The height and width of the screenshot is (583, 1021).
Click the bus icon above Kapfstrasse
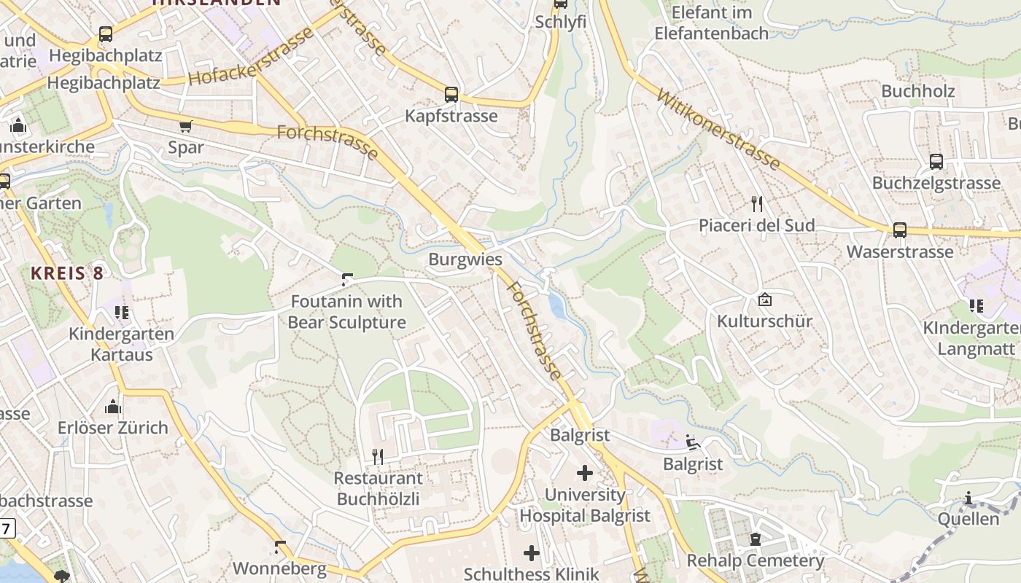[x=451, y=94]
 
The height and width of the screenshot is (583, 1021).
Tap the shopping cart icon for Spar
[x=186, y=126]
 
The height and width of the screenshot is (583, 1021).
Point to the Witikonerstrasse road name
[x=718, y=129]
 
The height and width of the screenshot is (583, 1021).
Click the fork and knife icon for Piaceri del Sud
[x=756, y=204]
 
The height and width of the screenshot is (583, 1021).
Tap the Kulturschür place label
[x=764, y=321]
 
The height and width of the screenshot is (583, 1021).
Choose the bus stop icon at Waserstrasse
[x=900, y=230]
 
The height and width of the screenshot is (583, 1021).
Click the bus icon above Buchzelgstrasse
[x=936, y=162]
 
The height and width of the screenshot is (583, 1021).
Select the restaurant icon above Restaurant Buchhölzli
[x=378, y=457]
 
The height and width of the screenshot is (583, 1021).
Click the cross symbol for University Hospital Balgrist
[x=585, y=473]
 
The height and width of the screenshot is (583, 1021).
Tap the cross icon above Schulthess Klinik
[x=532, y=553]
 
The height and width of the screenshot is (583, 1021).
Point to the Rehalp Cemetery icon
[x=756, y=539]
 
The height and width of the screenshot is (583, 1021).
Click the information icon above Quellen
[x=968, y=498]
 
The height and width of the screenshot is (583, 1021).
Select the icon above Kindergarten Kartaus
[x=122, y=313]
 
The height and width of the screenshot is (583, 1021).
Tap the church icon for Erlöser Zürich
[x=113, y=406]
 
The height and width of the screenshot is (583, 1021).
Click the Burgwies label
[x=465, y=259]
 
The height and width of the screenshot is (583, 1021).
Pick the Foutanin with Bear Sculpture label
[x=346, y=312]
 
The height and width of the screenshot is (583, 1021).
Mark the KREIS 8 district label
[x=67, y=273]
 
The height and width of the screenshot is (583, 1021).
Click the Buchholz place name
[x=918, y=91]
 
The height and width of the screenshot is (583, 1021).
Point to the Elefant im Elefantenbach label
[x=711, y=23]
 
